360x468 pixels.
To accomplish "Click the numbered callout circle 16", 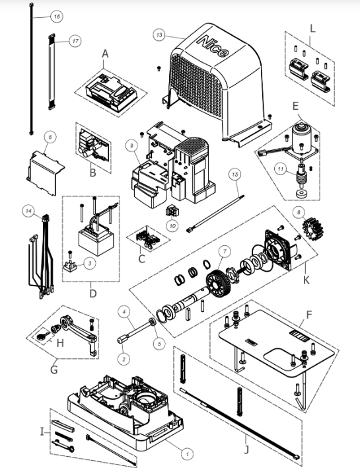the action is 57,17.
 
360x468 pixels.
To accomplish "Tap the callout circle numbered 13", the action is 159,35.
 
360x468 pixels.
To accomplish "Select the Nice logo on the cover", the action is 213,46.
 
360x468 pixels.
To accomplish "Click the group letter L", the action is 312,28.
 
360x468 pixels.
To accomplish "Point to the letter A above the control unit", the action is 105,54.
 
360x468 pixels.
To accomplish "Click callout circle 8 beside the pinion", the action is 299,212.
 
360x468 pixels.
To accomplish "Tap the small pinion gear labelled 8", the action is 313,229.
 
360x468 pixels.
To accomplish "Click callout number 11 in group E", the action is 280,169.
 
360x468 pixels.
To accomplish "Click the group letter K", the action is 306,280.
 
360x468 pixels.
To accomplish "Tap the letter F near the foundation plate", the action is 309,315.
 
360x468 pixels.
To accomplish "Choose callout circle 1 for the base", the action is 188,454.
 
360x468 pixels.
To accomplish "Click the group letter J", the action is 246,449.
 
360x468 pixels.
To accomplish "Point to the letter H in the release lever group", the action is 60,343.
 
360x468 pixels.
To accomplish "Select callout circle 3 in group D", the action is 90,263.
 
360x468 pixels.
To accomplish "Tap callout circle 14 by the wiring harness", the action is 28,211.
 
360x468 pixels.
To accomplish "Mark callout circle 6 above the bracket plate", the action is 50,137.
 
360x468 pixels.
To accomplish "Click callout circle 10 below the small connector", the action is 172,226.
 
